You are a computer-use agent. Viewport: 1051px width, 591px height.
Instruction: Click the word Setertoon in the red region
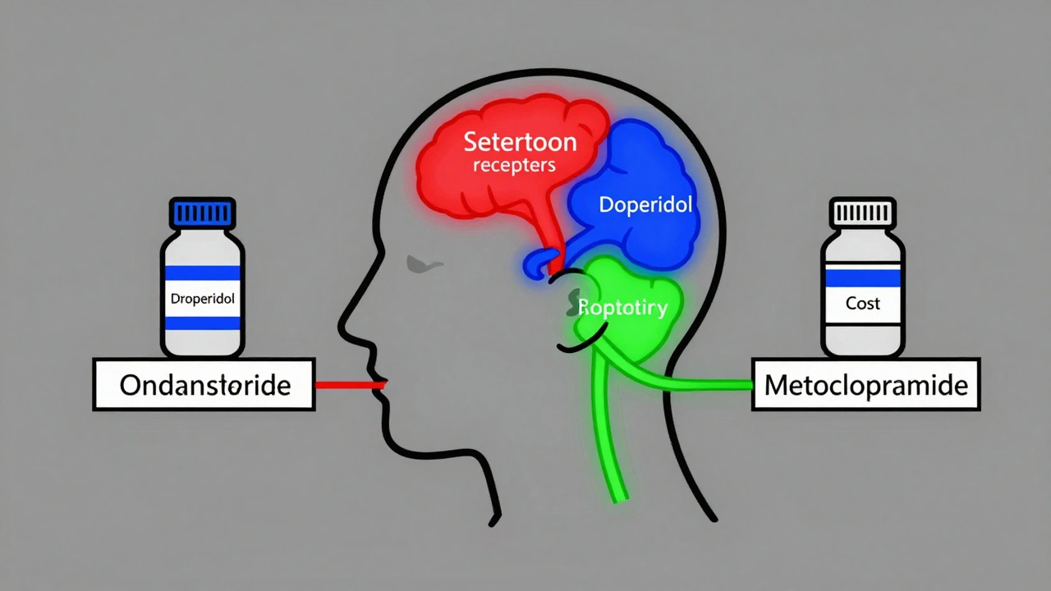[520, 141]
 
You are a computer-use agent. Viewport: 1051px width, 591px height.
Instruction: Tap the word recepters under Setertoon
[514, 165]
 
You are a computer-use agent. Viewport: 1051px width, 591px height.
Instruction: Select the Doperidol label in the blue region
[645, 204]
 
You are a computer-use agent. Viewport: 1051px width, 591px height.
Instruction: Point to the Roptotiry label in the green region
[622, 308]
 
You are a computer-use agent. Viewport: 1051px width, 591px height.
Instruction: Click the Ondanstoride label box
[204, 384]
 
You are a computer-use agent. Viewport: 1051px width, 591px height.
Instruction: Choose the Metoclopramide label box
[866, 384]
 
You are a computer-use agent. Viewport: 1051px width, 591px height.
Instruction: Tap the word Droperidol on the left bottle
[202, 299]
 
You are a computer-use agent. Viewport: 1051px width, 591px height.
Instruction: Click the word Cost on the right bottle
[863, 303]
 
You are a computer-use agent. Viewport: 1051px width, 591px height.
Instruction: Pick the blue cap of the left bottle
[202, 213]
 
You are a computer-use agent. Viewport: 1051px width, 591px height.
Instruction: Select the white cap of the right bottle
[863, 213]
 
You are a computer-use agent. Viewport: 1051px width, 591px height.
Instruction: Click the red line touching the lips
[349, 383]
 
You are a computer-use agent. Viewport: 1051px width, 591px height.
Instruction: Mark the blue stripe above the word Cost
[863, 277]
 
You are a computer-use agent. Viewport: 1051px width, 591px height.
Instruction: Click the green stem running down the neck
[608, 435]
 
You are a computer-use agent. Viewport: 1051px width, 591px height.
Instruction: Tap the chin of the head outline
[392, 443]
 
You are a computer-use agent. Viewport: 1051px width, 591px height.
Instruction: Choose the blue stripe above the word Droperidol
[202, 274]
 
